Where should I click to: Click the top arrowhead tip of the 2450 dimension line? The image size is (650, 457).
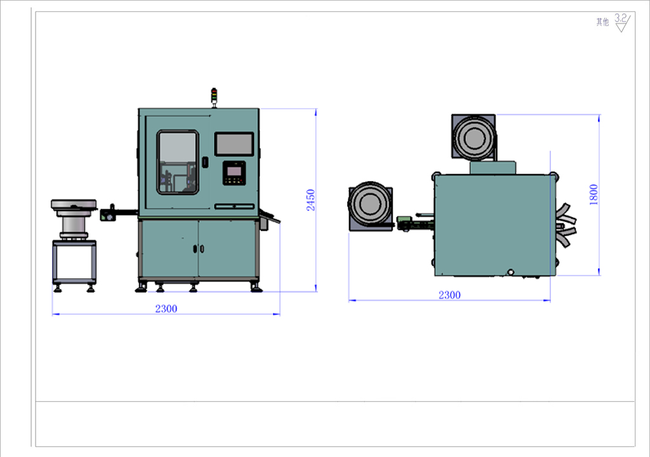316,109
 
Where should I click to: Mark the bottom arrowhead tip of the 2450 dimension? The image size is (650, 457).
316,291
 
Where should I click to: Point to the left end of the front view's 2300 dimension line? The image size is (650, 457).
52,314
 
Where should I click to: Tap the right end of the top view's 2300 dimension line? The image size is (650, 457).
550,300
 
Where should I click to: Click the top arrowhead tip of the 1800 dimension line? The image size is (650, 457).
599,114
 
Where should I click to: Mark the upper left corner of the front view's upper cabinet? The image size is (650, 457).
138,109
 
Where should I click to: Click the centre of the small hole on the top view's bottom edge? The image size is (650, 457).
511,272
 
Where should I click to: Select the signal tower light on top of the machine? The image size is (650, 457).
214,97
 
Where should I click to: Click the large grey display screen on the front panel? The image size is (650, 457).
234,144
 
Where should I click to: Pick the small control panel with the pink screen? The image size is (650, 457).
234,173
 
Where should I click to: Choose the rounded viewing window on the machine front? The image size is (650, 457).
178,162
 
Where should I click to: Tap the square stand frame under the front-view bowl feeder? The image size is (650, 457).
74,263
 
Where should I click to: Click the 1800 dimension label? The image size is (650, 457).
594,194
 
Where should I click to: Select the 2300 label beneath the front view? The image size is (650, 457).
166,309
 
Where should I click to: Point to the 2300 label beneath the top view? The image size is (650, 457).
450,295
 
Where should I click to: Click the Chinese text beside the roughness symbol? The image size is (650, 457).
603,22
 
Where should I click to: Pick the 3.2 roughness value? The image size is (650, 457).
621,18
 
